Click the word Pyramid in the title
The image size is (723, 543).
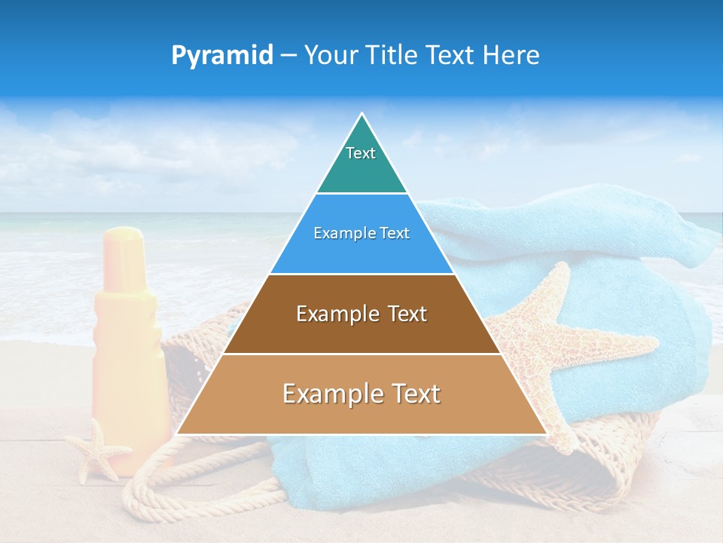[x=222, y=55]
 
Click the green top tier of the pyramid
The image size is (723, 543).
[x=361, y=170]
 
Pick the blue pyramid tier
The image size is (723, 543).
[x=361, y=253]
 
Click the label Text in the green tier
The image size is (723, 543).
[x=361, y=153]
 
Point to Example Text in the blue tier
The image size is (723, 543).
[x=361, y=233]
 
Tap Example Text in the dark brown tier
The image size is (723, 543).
[x=361, y=314]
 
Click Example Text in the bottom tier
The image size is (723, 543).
[x=361, y=394]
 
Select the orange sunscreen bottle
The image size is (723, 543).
[x=124, y=354]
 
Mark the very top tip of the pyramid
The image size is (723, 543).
[x=361, y=115]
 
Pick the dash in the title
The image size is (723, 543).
[x=288, y=56]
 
